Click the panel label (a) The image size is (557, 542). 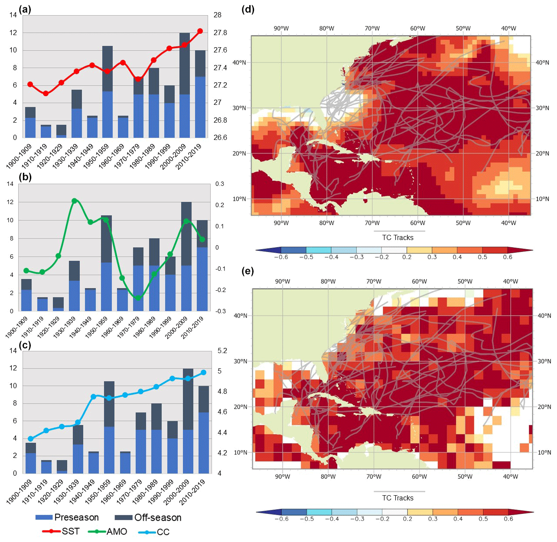coord(25,9)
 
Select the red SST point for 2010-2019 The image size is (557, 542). coord(200,31)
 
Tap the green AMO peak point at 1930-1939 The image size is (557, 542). coord(74,201)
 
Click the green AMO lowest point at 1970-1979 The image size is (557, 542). coord(138,298)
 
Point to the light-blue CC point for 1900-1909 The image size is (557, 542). coord(30,439)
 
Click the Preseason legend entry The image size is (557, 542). coord(67,517)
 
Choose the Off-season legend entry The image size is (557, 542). coord(148,517)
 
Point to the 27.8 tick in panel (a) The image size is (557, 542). coord(220,32)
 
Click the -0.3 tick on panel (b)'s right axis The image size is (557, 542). coord(220,311)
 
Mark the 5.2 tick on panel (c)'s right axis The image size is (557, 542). coord(222,351)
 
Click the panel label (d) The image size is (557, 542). coord(248,9)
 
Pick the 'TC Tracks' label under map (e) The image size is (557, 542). coord(397,498)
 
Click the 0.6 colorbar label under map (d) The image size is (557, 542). coord(508,257)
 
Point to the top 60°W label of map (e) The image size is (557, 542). coord(419,281)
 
